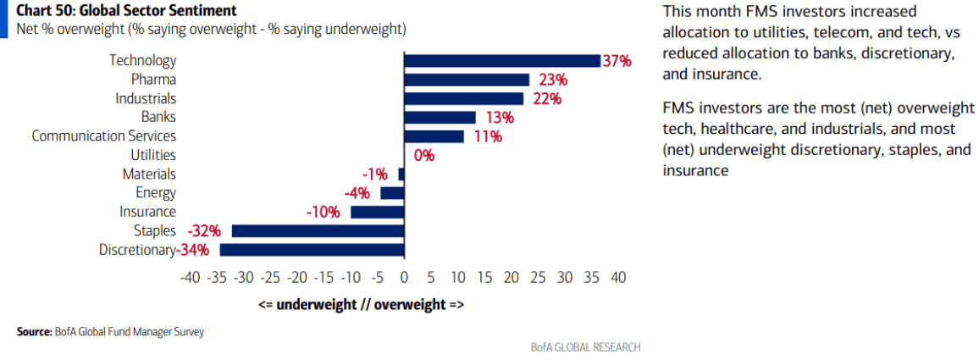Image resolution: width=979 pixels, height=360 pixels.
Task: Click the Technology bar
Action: (x=502, y=61)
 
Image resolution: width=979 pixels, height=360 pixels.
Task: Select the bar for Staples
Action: (x=318, y=231)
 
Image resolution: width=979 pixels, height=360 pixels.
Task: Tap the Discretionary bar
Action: (x=313, y=250)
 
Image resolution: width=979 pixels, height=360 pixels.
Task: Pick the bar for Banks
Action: (x=440, y=118)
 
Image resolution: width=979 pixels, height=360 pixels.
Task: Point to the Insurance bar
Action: (x=378, y=213)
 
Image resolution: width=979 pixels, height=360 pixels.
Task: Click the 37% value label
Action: (x=617, y=61)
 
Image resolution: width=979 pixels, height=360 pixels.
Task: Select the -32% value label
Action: (x=206, y=231)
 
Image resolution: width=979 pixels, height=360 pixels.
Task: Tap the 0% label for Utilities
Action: (x=423, y=156)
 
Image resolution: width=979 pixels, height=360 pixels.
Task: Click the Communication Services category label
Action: (x=104, y=136)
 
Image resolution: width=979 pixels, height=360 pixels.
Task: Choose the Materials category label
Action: (x=149, y=174)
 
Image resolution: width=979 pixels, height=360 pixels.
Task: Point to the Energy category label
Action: (x=156, y=193)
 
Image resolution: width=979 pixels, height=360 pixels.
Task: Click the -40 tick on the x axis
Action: (x=190, y=277)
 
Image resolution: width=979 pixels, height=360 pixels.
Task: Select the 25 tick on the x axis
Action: (x=539, y=277)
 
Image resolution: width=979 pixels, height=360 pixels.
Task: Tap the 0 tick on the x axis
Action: (x=404, y=277)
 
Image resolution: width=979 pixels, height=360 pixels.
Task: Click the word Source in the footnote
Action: (x=30, y=333)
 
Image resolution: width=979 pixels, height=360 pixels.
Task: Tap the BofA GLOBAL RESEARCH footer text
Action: (x=585, y=347)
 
